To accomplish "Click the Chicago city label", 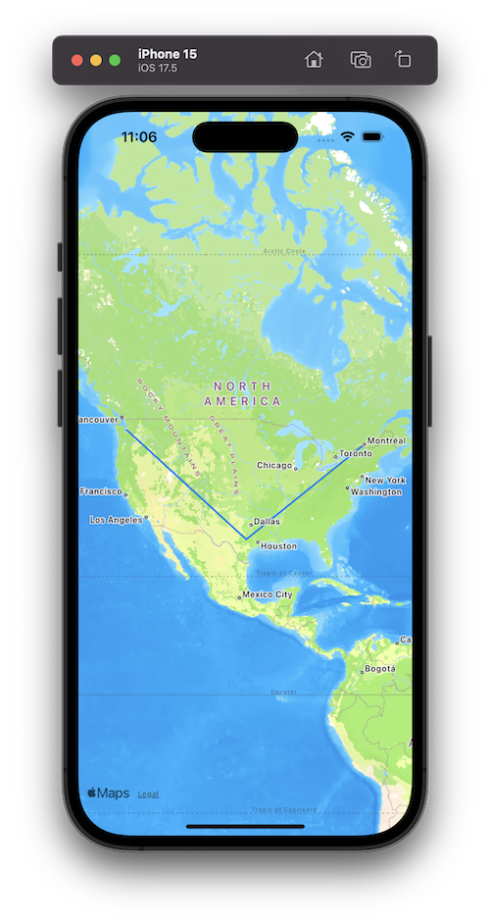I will click(x=274, y=465).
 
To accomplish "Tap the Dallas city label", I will click(x=267, y=522).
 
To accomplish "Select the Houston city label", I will click(x=278, y=545).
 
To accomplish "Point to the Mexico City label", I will click(x=267, y=594).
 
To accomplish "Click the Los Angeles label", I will click(x=116, y=520).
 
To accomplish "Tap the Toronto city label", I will click(x=356, y=453).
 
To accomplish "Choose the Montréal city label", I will click(x=386, y=440).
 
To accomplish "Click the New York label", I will click(x=384, y=480).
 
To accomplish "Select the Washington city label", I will click(x=376, y=491).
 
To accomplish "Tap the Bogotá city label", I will click(x=379, y=669).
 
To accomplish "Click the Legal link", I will click(x=148, y=794).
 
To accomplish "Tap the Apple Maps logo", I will click(x=108, y=793).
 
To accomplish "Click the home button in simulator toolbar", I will click(x=314, y=59).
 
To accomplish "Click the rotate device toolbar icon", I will click(x=403, y=59).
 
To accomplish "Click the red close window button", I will click(x=77, y=60).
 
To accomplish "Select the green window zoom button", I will click(x=115, y=60).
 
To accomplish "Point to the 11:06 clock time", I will click(x=138, y=137).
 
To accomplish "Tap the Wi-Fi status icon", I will click(x=347, y=137).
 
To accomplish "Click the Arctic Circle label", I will click(x=284, y=251).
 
